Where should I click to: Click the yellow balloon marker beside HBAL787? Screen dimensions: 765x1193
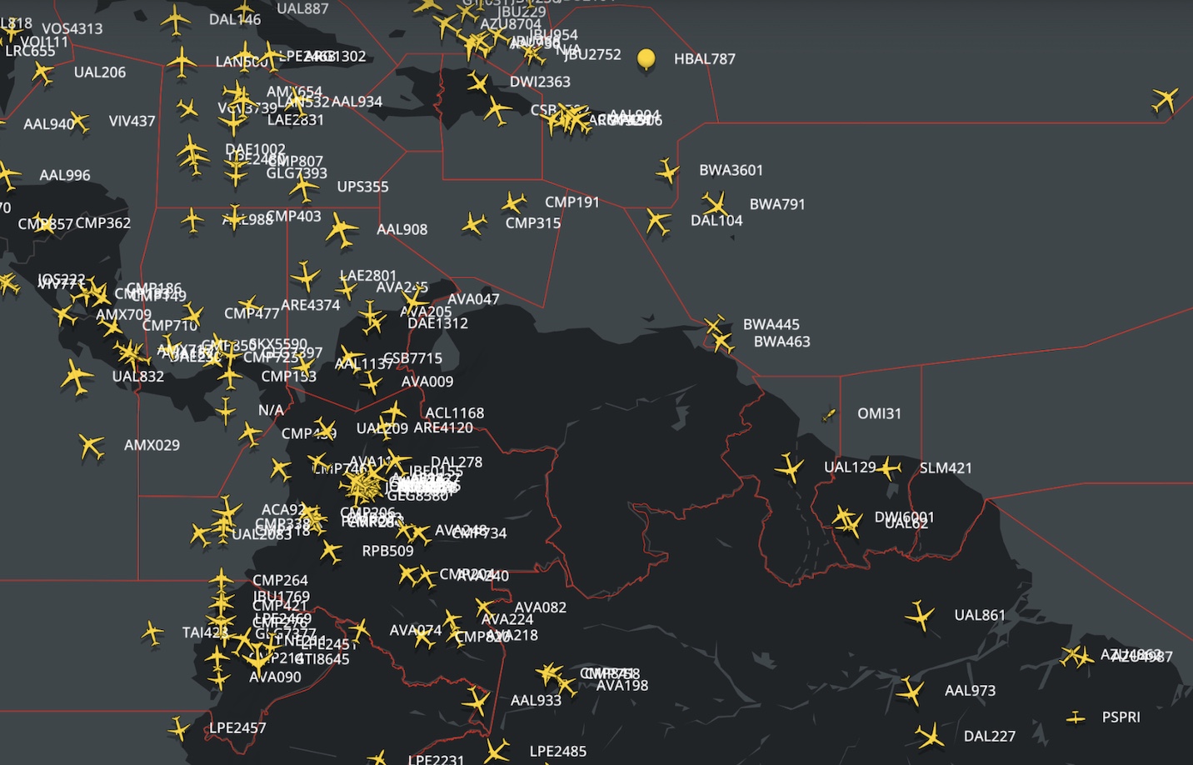pos(646,59)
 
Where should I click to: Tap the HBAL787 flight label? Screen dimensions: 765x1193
pos(704,59)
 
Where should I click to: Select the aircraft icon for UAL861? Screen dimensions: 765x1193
pos(920,617)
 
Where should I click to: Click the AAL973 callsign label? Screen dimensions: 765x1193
pos(970,691)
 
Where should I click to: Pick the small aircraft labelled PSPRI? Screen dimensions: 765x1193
pos(1076,717)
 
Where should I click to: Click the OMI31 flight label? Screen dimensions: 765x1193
pos(879,413)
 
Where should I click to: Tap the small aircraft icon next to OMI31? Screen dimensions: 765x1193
pos(828,414)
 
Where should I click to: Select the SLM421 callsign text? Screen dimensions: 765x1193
pos(946,468)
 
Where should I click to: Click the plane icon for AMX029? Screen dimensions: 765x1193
pos(91,447)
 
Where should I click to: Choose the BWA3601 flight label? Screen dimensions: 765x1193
pos(731,170)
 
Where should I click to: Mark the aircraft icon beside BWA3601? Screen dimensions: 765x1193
pos(667,171)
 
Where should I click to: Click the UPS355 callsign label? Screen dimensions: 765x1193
pos(362,187)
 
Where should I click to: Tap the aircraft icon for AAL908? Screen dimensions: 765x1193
pos(341,230)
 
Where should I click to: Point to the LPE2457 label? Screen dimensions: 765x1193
pos(237,728)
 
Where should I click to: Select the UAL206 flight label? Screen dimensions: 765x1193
pos(100,72)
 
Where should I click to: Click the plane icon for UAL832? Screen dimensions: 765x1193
pos(76,377)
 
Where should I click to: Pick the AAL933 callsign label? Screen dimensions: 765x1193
pos(536,701)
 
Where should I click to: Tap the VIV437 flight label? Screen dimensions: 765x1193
pos(132,121)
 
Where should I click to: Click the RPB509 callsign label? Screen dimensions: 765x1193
pos(387,551)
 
